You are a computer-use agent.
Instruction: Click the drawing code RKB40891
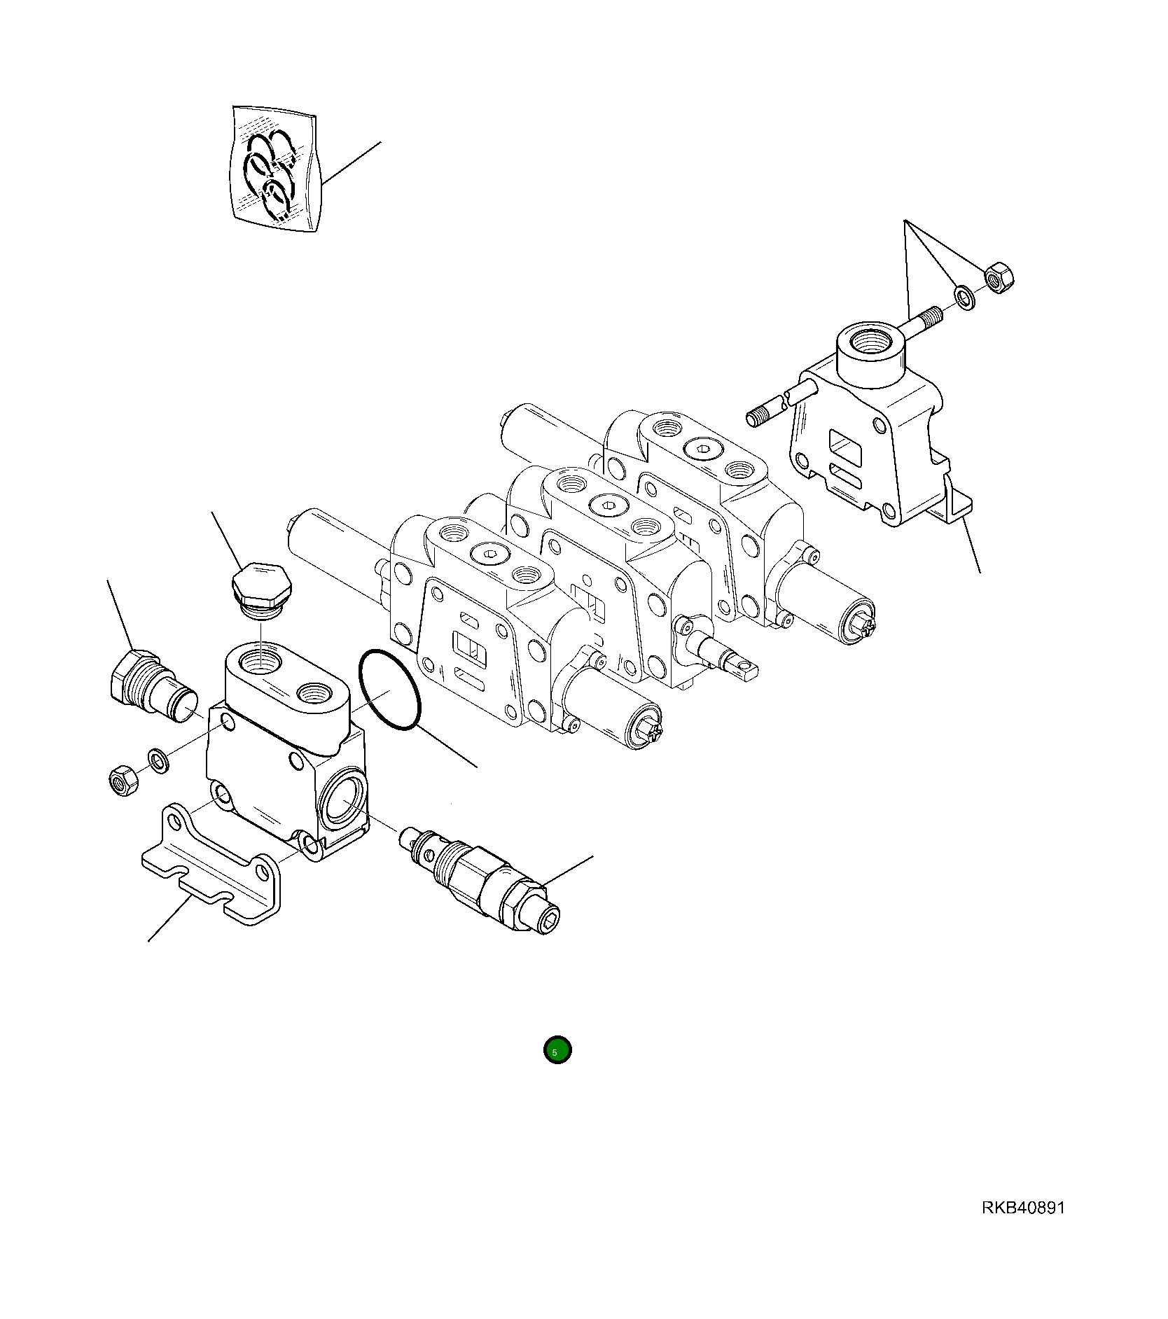coord(1023,1208)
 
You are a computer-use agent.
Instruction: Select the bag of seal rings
coord(274,169)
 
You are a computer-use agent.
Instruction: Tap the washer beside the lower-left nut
coord(158,761)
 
